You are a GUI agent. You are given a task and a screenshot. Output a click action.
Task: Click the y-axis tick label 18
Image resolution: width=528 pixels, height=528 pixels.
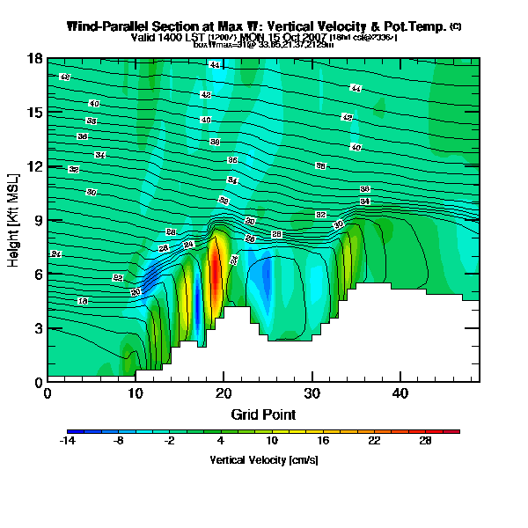[35, 59]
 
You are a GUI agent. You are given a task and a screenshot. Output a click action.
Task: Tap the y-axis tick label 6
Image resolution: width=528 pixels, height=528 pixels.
[38, 275]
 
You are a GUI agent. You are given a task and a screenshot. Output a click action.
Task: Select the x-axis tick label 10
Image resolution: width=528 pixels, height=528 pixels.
[136, 393]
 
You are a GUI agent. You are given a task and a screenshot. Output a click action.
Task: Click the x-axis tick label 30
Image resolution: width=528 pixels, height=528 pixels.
[312, 393]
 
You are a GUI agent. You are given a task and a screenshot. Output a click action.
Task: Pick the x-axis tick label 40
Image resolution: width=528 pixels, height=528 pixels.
[400, 393]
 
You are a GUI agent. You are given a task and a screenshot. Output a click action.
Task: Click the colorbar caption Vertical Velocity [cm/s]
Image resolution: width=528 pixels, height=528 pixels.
[264, 459]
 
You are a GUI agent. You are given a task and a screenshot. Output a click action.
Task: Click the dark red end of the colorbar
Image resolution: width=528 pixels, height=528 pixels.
[456, 431]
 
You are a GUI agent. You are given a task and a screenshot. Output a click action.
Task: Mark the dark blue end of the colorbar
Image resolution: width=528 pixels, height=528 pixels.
[70, 431]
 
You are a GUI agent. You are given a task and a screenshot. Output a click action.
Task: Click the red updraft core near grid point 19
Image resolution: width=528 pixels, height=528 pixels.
[215, 273]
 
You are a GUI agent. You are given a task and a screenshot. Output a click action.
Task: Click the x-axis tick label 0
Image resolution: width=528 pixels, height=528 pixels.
[48, 393]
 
